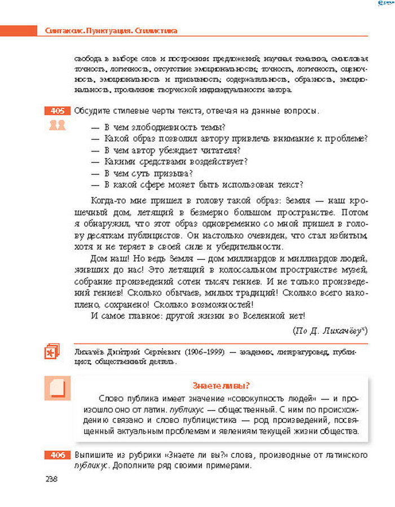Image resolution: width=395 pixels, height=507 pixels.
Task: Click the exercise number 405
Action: coord(56,111)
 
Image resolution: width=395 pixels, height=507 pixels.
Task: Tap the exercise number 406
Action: coord(56,455)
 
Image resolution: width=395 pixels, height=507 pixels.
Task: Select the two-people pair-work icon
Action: coord(57,125)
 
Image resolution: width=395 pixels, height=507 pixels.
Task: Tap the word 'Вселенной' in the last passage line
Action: coord(262,316)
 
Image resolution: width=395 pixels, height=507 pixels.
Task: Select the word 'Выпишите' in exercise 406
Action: coord(93,455)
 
